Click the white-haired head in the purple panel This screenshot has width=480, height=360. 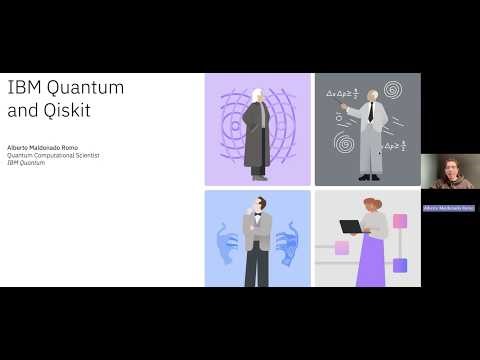[258, 95]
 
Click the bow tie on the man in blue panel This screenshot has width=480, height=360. [257, 215]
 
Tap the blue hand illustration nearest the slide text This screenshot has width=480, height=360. [229, 245]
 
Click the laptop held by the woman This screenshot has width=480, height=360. [351, 226]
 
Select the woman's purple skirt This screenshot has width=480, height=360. [370, 262]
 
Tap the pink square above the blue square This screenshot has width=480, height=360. [400, 221]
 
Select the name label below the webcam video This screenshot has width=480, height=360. [448, 208]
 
